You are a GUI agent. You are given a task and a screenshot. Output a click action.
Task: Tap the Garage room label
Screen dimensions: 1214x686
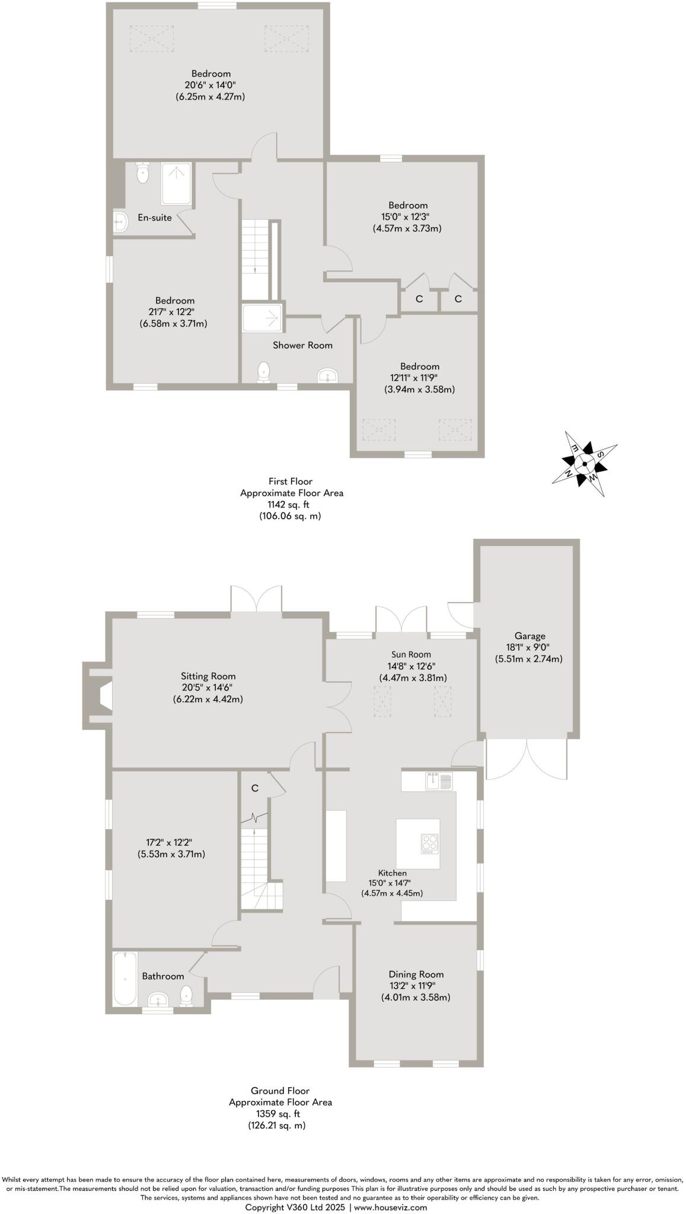529,636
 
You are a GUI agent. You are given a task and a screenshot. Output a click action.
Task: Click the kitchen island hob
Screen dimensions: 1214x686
430,844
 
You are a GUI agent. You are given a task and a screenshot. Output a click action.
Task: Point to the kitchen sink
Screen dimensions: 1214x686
439,781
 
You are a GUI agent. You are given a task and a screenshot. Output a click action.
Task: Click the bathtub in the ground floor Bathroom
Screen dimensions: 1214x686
125,978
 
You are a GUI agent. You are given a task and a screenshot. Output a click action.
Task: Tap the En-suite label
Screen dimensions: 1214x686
155,218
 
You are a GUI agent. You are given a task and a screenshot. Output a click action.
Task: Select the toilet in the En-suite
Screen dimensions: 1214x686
143,172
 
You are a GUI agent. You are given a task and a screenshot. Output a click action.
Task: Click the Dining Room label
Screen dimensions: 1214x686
416,974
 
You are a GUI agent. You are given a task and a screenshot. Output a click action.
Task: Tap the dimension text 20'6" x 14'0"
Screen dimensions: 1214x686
210,85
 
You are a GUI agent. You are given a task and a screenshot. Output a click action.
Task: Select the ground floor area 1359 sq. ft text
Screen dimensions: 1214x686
280,1114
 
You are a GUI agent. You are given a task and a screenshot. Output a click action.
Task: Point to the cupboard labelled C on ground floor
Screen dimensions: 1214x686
255,788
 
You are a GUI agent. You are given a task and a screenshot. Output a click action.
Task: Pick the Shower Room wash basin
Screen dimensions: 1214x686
328,375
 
